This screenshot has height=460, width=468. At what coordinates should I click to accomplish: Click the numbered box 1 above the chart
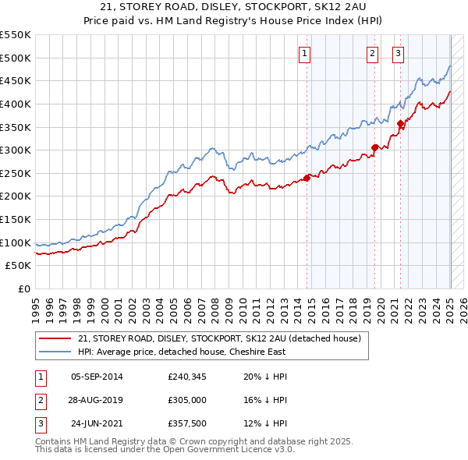tap(304, 54)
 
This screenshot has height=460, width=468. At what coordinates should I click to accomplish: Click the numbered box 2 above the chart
tap(372, 54)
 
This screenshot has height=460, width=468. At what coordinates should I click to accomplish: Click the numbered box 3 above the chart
tap(398, 54)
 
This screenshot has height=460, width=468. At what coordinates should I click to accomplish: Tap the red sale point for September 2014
tap(307, 178)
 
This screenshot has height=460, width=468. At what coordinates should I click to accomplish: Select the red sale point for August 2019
tap(375, 147)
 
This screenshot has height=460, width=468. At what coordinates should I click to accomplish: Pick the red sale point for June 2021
tap(400, 123)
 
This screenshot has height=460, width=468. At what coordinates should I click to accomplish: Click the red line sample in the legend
tap(55, 339)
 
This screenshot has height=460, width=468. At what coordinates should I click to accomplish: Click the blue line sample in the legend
tap(55, 353)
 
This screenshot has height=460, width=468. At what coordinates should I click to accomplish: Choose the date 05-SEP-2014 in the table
tap(97, 377)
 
